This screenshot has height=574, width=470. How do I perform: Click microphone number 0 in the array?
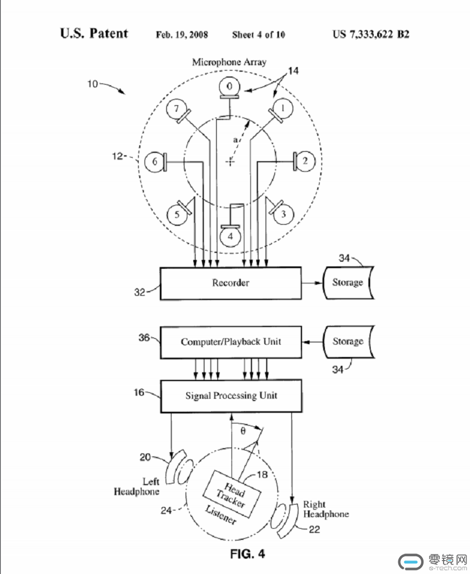point(229,87)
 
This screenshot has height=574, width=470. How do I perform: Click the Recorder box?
point(231,283)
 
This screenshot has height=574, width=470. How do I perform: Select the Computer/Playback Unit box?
point(231,342)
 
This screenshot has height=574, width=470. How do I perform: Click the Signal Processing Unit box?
point(231,396)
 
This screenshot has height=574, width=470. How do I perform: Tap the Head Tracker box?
point(232,494)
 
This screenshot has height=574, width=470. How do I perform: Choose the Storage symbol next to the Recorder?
point(348,283)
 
